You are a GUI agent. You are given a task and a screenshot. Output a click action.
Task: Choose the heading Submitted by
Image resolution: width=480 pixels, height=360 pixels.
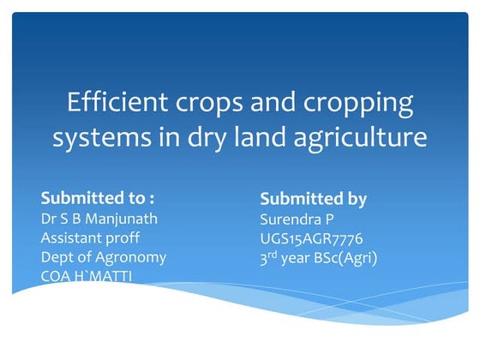coord(313,199)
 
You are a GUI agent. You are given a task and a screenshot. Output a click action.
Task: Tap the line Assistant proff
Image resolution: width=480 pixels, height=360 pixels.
coord(90,237)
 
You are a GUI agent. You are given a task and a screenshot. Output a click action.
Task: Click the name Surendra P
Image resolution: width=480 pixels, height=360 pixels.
coord(297,219)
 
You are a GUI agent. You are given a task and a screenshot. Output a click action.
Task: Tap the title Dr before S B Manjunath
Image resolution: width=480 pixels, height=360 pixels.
coord(50,218)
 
